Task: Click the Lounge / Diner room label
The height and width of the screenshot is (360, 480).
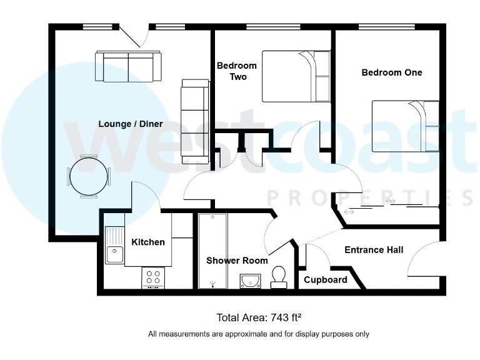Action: click(x=131, y=124)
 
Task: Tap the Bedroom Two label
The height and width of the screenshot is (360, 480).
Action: click(x=236, y=71)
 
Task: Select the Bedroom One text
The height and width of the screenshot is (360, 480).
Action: click(x=392, y=72)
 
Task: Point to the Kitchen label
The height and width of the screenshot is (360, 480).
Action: click(x=148, y=242)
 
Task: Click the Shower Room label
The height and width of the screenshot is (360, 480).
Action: click(x=237, y=261)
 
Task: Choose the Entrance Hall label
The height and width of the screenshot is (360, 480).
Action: click(x=374, y=250)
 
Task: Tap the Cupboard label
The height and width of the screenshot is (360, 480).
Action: click(x=325, y=279)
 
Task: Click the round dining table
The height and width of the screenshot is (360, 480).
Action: click(x=88, y=176)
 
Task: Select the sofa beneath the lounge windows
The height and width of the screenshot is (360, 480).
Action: click(x=128, y=66)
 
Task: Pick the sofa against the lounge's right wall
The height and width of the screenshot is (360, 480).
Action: click(x=195, y=121)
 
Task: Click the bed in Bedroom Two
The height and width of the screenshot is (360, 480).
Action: click(x=296, y=76)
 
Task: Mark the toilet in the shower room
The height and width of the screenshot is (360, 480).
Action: click(x=279, y=277)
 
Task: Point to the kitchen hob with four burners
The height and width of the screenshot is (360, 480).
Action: click(x=153, y=277)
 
